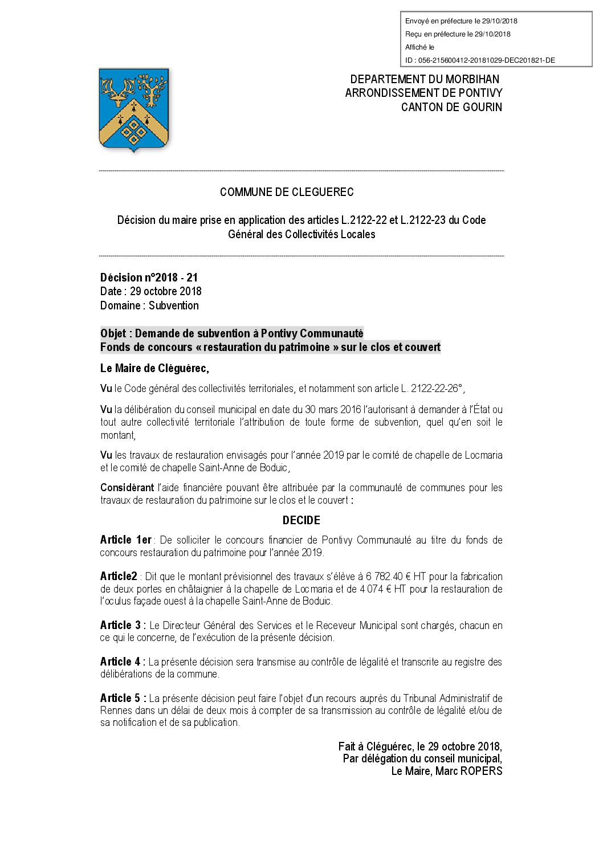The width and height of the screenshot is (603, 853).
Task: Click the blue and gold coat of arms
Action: [134, 109]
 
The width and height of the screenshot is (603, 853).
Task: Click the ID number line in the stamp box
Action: [480, 60]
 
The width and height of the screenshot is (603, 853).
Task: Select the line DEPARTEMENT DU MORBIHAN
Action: [425, 79]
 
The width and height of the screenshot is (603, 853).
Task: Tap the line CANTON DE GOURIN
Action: [451, 107]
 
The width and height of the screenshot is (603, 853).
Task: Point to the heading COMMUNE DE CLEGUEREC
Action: [287, 192]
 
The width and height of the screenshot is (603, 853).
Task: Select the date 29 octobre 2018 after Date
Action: [165, 291]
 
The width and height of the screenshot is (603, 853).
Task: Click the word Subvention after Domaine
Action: [174, 305]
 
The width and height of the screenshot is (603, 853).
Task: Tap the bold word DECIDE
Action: [301, 520]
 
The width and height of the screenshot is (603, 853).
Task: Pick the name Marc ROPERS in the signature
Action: [469, 771]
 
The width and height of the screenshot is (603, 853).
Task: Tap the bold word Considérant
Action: [127, 488]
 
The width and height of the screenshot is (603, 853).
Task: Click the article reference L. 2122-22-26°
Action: [431, 389]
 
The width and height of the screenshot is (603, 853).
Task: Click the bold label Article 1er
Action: [126, 540]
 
